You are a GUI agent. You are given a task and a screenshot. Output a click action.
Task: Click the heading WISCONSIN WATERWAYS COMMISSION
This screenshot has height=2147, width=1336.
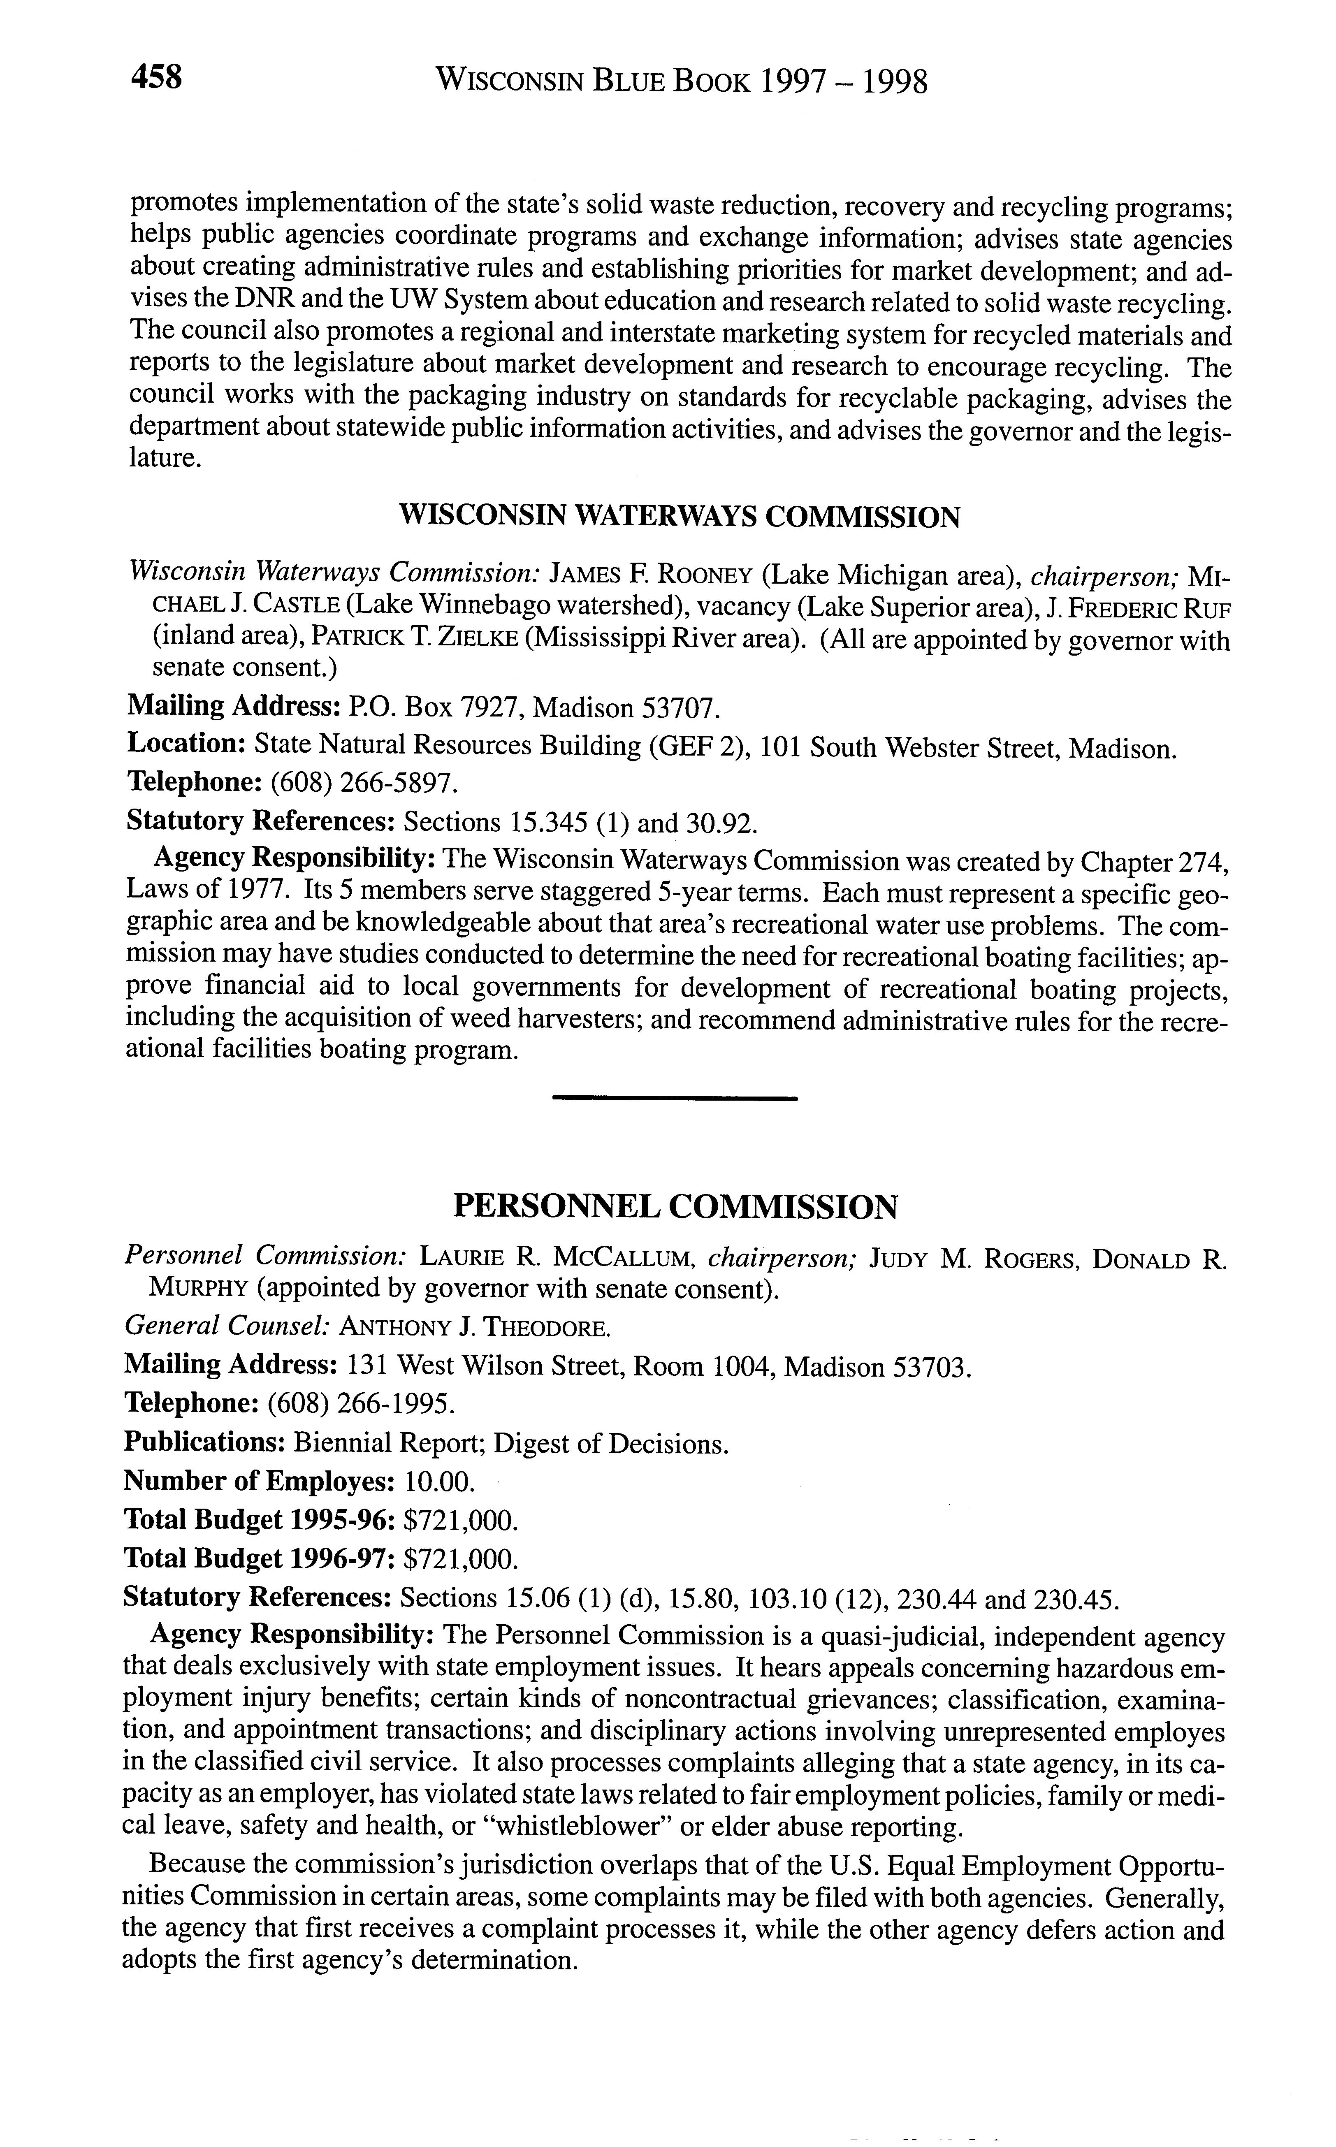680,517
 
